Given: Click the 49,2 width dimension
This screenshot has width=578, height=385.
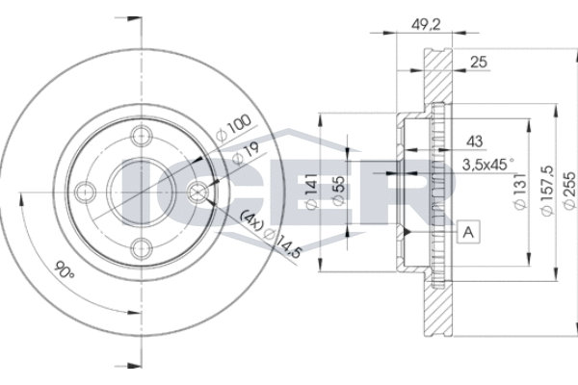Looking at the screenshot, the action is click(x=426, y=25).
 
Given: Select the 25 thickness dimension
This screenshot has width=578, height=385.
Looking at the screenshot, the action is click(x=479, y=62).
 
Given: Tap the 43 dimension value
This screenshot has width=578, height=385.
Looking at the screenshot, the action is click(x=474, y=141).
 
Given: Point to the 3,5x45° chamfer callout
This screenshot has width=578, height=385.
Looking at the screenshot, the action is click(x=487, y=165).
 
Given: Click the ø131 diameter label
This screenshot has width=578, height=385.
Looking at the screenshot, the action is click(x=520, y=192).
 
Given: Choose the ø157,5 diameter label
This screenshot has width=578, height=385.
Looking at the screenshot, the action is click(x=546, y=191).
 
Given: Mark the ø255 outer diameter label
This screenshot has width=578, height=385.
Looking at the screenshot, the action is click(x=570, y=191).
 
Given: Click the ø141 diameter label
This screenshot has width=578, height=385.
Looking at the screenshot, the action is click(x=311, y=192).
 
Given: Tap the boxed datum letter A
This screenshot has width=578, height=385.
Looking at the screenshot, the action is click(x=468, y=232).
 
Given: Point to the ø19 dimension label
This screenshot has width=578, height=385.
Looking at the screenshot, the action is click(x=246, y=153).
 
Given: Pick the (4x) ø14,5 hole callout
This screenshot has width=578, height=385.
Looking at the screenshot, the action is click(x=271, y=235).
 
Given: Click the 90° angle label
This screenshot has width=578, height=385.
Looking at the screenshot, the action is click(x=65, y=269).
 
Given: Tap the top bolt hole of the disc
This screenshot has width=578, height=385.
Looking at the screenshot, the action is click(x=142, y=137).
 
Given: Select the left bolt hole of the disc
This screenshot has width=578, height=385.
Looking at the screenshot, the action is click(x=86, y=192).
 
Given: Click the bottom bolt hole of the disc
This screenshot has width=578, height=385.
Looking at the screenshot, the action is click(x=142, y=248).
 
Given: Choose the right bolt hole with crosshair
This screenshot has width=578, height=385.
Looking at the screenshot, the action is click(x=197, y=192).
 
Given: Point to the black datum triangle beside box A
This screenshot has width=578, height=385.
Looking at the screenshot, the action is click(x=407, y=232).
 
